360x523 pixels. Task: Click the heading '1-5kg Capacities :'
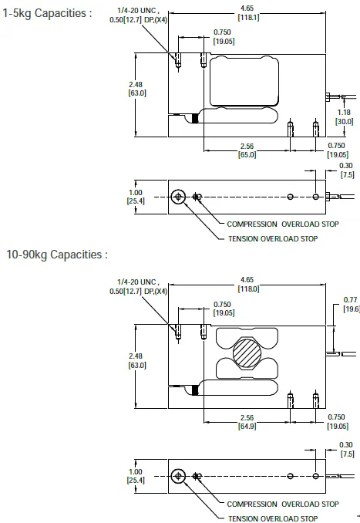47,13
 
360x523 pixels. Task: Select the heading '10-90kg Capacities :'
56,254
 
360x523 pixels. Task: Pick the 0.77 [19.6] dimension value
351,303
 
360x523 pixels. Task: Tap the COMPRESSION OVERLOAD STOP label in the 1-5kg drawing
282,224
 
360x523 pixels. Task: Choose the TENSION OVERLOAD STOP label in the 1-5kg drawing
272,238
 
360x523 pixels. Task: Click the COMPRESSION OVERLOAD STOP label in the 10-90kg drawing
282,504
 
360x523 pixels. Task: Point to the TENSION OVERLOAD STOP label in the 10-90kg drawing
272,518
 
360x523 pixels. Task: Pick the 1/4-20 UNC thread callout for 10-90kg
140,286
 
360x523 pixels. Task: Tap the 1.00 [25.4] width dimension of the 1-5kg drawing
136,197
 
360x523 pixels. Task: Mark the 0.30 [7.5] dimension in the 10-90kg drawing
346,450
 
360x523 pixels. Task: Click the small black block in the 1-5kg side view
194,118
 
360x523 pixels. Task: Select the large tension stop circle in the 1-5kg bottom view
179,197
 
